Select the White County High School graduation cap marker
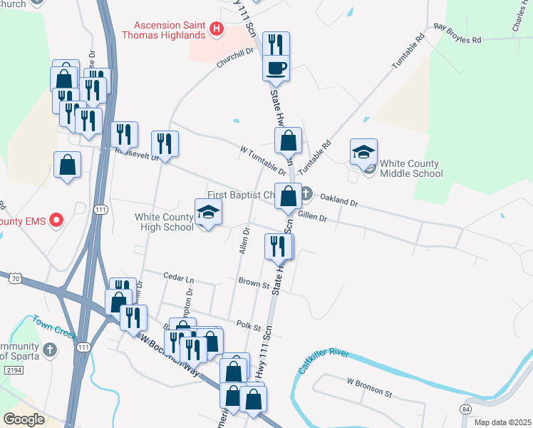[208, 212]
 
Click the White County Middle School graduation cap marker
[363, 151]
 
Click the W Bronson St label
[369, 388]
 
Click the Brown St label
[254, 284]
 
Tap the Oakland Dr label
[338, 202]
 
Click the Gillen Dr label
[313, 217]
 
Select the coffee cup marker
[276, 68]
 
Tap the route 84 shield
[466, 408]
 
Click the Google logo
[24, 419]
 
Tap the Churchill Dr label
[235, 59]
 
